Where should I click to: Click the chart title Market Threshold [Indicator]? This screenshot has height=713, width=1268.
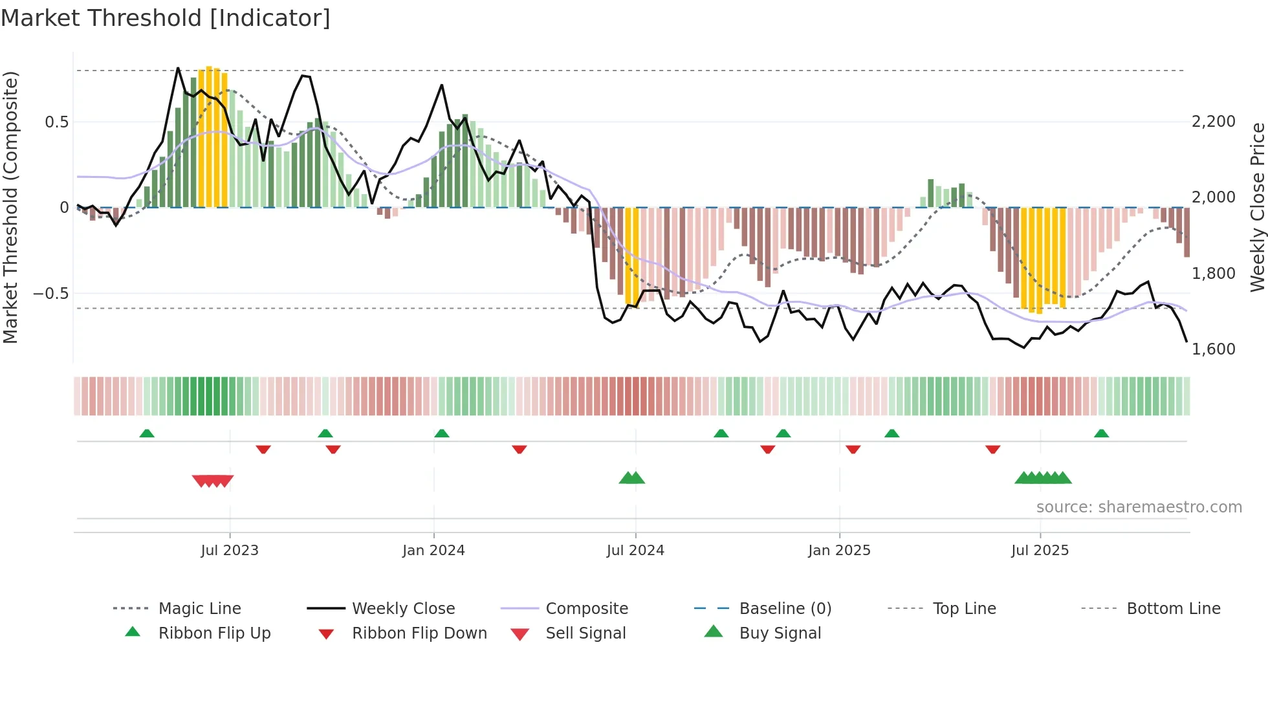(x=166, y=18)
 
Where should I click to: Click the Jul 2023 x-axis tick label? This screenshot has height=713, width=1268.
(x=229, y=551)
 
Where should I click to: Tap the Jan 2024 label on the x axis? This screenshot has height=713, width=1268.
(x=433, y=551)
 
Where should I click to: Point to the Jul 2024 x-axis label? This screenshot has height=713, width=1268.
(x=635, y=551)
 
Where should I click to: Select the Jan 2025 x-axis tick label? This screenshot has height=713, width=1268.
(x=839, y=551)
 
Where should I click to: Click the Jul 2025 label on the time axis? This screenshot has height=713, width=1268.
(x=1040, y=551)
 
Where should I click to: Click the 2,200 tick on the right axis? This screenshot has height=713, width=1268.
(x=1213, y=122)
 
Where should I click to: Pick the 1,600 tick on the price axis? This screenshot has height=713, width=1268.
(x=1213, y=349)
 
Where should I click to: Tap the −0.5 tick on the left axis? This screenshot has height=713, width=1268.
(x=50, y=294)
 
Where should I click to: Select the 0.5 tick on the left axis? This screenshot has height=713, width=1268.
(x=56, y=122)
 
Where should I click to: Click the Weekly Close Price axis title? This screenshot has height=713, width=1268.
(x=1257, y=207)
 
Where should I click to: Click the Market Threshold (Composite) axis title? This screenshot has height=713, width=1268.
(x=10, y=207)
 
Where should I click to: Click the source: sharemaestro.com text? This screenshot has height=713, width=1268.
(x=1139, y=507)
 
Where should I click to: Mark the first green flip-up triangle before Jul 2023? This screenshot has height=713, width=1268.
(x=147, y=433)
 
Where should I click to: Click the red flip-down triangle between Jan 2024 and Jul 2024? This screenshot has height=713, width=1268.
(x=519, y=449)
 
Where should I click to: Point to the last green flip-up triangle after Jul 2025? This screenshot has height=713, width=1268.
(x=1101, y=433)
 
